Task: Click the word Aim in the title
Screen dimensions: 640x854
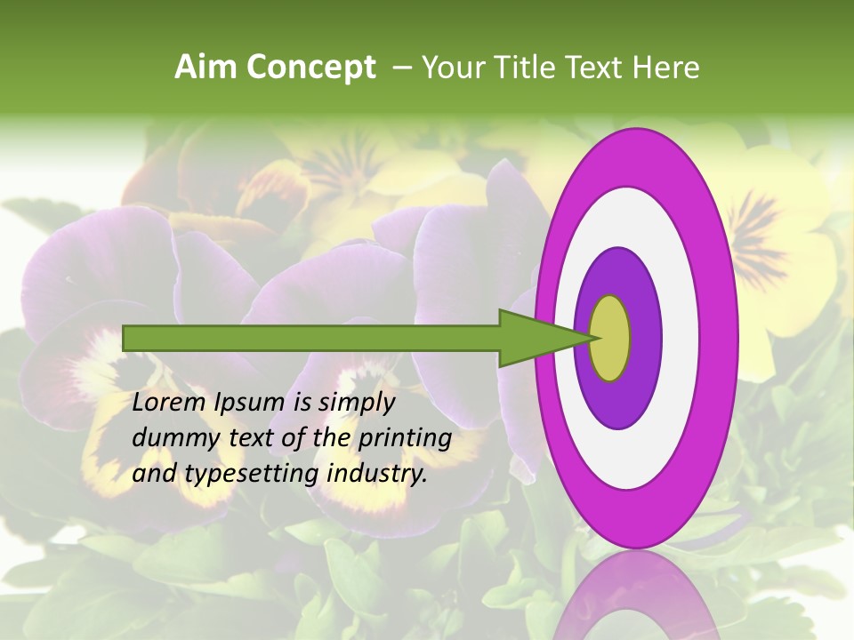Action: click(206, 68)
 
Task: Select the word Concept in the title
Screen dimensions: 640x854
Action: click(310, 68)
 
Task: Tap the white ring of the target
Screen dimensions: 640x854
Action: click(681, 338)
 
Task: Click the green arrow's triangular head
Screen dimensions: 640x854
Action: click(534, 338)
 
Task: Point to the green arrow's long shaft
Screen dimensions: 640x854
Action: click(311, 338)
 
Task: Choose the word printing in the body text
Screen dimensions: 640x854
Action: click(405, 439)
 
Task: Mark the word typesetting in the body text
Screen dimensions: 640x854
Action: click(251, 475)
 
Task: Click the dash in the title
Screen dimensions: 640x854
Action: click(402, 68)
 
